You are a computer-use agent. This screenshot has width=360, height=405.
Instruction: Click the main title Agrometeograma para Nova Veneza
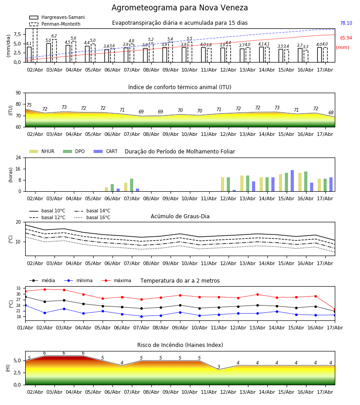pyautogui.click(x=180, y=8)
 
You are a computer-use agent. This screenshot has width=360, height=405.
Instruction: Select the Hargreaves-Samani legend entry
pyautogui.click(x=57, y=17)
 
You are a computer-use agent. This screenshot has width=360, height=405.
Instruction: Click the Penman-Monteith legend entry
pyautogui.click(x=55, y=24)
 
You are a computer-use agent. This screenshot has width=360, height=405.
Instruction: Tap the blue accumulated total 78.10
pyautogui.click(x=346, y=23)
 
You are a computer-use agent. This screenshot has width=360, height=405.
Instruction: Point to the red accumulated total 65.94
pyautogui.click(x=346, y=38)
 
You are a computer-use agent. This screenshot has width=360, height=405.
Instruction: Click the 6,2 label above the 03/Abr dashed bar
pyautogui.click(x=54, y=36)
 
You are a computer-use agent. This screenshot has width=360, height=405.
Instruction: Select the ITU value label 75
pyautogui.click(x=29, y=105)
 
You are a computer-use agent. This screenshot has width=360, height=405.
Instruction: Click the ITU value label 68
pyautogui.click(x=331, y=112)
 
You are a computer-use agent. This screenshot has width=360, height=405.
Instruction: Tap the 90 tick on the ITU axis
pyautogui.click(x=18, y=93)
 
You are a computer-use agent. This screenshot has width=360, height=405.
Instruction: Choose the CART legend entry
pyautogui.click(x=106, y=151)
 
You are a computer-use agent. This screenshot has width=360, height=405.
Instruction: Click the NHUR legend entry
pyautogui.click(x=42, y=151)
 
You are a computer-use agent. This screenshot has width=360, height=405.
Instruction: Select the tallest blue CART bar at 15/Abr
pyautogui.click(x=292, y=181)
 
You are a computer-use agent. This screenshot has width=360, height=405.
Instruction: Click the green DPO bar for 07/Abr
pyautogui.click(x=132, y=185)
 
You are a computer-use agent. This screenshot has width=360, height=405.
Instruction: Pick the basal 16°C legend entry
pyautogui.click(x=92, y=217)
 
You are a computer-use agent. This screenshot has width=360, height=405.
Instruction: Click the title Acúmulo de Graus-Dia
pyautogui.click(x=180, y=216)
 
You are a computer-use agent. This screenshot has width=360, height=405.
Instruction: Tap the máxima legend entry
pyautogui.click(x=116, y=280)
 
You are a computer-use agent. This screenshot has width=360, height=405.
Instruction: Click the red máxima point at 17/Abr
pyautogui.click(x=335, y=309)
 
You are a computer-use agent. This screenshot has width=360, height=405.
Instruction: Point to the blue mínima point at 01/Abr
pyautogui.click(x=25, y=305)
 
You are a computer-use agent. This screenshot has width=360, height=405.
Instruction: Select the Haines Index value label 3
pyautogui.click(x=219, y=367)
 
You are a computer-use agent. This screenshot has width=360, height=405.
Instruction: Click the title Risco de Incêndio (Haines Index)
pyautogui.click(x=180, y=345)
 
